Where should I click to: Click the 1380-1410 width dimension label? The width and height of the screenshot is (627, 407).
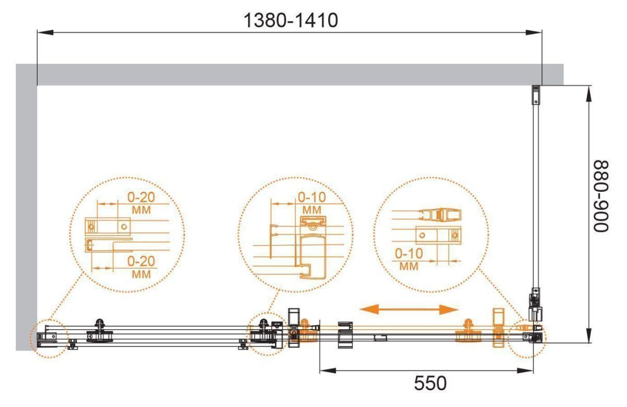[291, 20]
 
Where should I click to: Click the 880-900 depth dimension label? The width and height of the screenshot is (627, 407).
[601, 196]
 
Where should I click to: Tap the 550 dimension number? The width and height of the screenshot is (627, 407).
[430, 383]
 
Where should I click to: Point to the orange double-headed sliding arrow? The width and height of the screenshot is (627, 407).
[409, 310]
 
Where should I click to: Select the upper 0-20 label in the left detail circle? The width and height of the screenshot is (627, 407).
[141, 197]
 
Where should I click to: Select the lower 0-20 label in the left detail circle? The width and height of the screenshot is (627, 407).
[141, 261]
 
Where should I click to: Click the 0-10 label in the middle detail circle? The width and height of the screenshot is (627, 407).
[312, 197]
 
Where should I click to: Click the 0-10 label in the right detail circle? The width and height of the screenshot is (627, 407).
[409, 253]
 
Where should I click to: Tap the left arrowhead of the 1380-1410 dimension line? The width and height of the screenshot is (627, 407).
[45, 32]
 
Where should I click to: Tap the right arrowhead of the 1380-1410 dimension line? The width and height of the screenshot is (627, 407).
[534, 32]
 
